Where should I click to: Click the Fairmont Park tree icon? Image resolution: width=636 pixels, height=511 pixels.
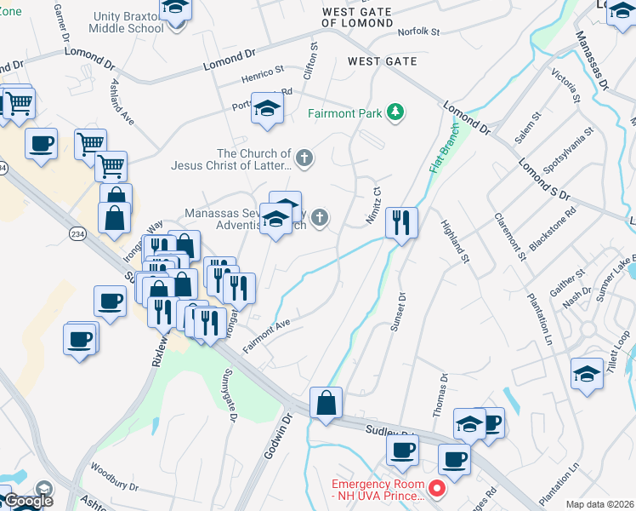[395, 112]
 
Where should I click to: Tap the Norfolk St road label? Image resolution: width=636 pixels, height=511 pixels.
[418, 32]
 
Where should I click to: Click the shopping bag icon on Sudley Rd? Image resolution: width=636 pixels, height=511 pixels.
[326, 402]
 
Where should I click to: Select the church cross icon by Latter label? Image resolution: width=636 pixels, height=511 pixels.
[304, 158]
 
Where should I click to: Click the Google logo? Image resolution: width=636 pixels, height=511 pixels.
[29, 501]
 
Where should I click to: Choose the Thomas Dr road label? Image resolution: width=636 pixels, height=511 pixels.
[440, 394]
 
